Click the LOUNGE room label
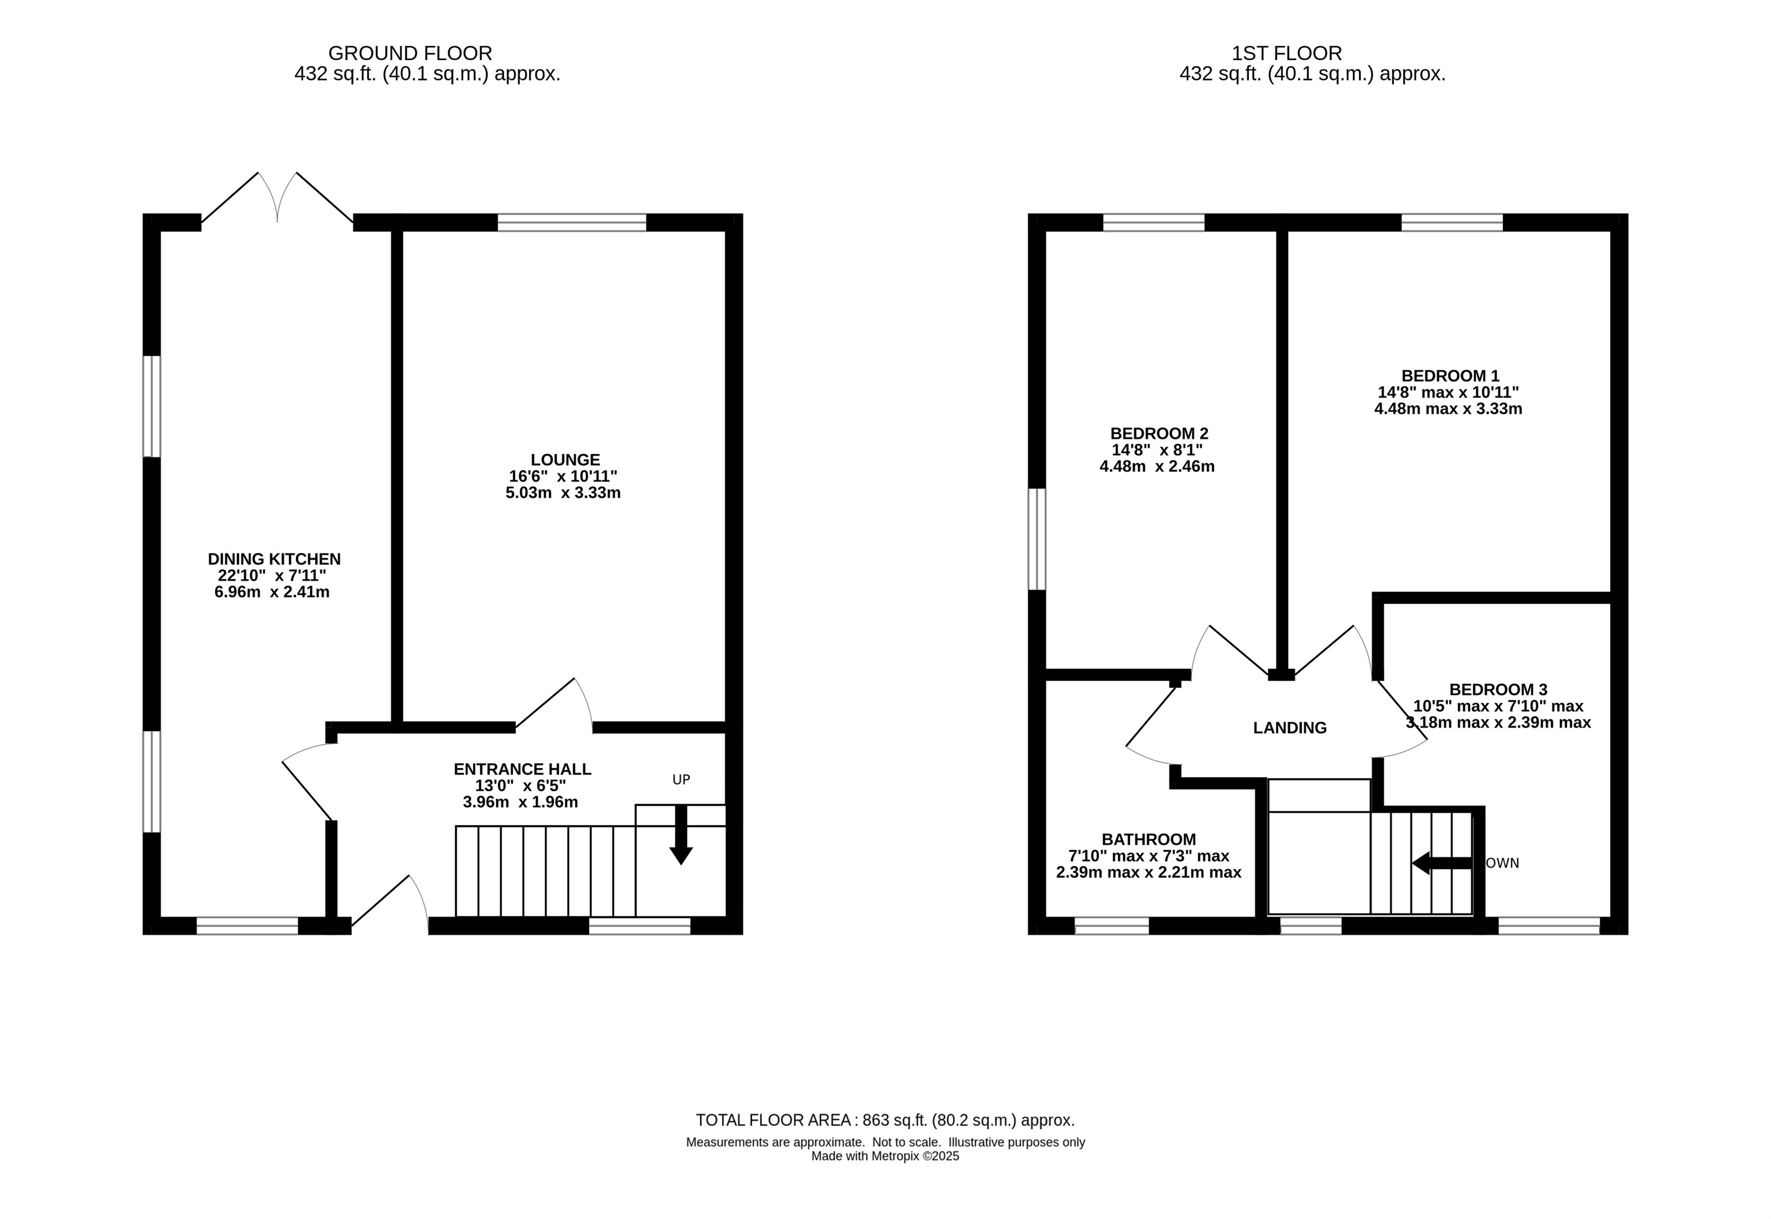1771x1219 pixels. click(x=565, y=460)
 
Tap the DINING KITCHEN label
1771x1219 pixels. click(x=274, y=559)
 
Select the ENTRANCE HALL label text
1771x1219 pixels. click(x=522, y=769)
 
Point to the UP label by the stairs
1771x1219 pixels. click(x=681, y=780)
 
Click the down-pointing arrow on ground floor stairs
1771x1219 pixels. click(x=680, y=835)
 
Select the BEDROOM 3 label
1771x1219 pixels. click(x=1498, y=690)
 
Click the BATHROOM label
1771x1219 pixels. click(x=1148, y=840)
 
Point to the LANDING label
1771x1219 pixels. click(x=1290, y=728)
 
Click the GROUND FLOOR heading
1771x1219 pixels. click(x=410, y=54)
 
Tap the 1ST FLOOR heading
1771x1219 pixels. click(x=1287, y=54)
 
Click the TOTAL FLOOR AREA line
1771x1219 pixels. click(x=885, y=1120)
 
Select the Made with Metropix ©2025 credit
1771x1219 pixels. click(x=885, y=1156)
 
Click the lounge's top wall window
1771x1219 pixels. click(x=572, y=222)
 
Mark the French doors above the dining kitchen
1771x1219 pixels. click(x=277, y=199)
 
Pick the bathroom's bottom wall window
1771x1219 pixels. click(x=1112, y=926)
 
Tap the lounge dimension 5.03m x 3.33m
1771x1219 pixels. click(x=563, y=493)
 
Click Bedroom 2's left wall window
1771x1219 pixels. click(x=1036, y=539)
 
